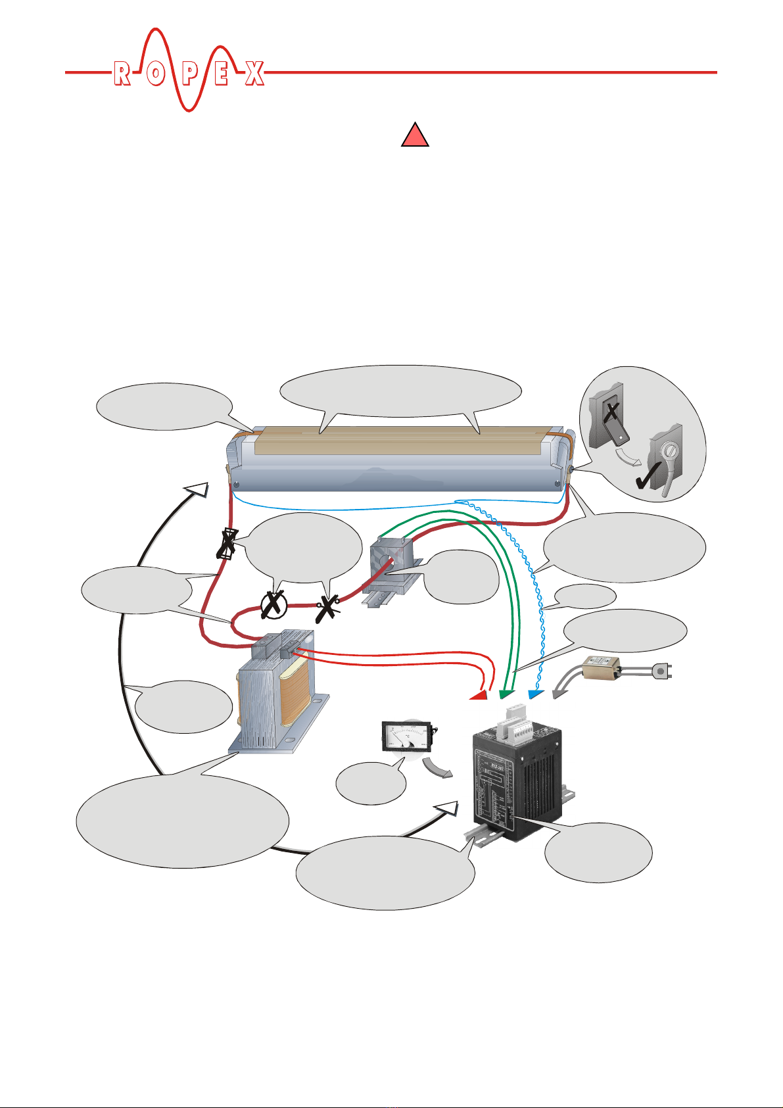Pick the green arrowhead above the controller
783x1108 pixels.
point(506,693)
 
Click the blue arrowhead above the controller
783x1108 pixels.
point(535,693)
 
